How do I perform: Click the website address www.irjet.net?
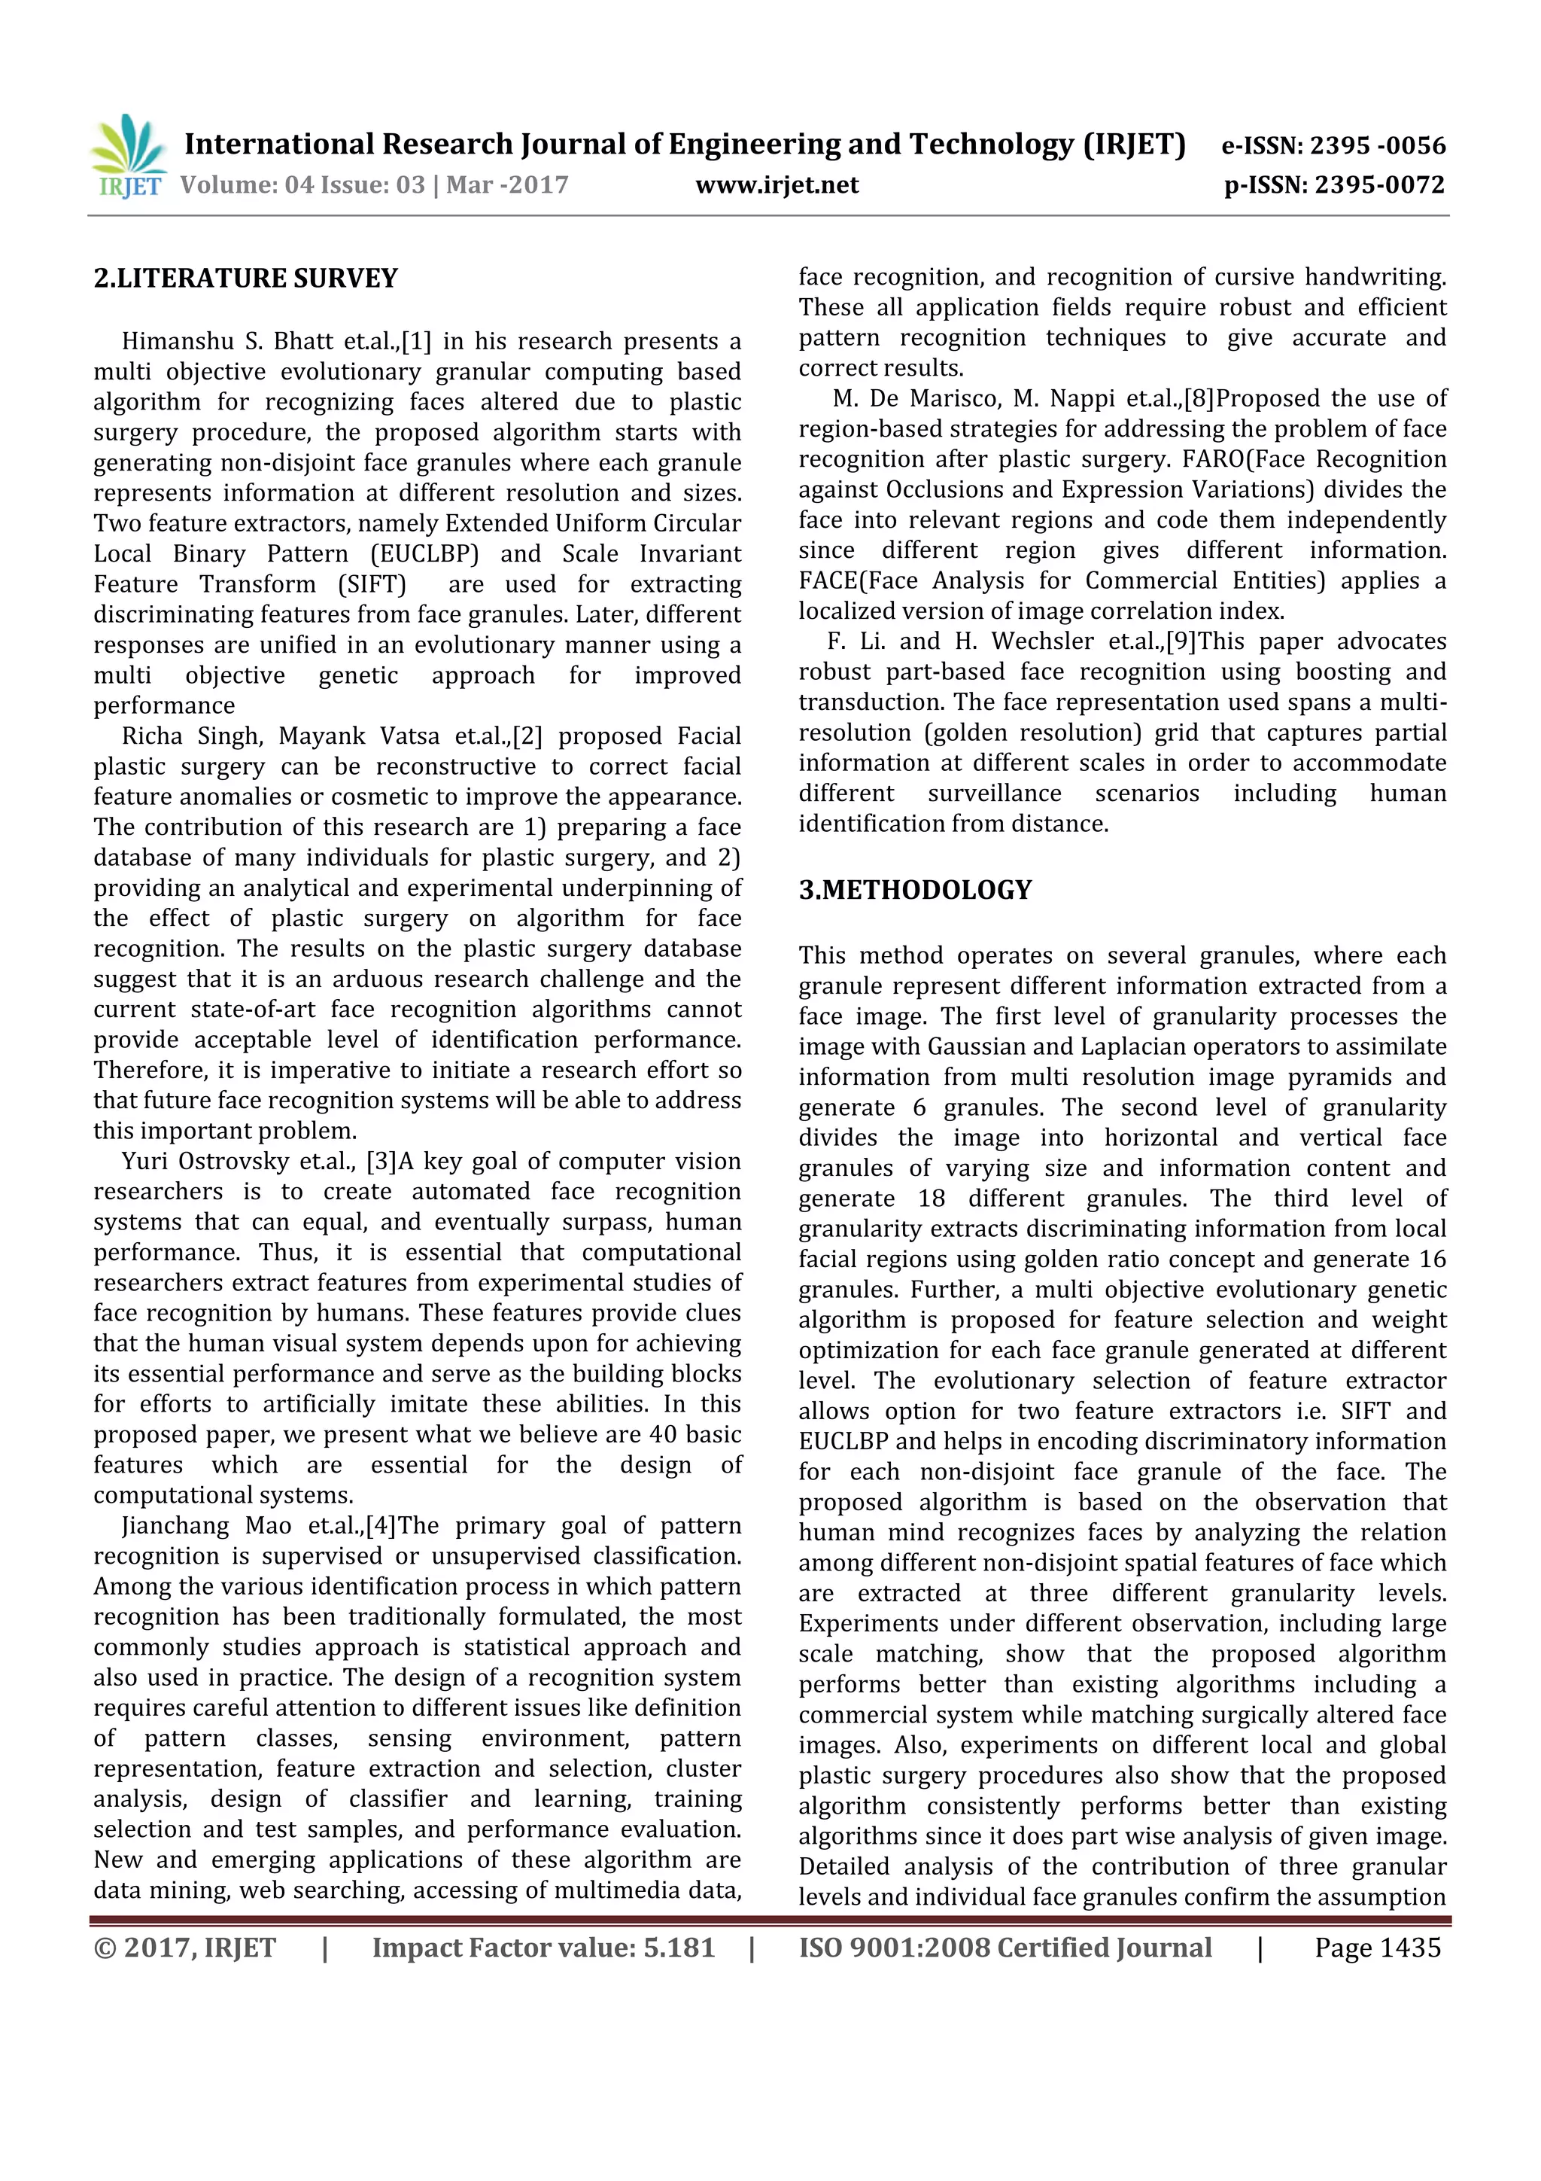coord(777,185)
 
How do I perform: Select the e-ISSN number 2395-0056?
coord(1378,145)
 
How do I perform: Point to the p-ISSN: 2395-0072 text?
coord(1334,185)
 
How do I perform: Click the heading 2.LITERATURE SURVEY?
coord(246,279)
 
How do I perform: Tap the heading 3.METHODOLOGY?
coord(914,890)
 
